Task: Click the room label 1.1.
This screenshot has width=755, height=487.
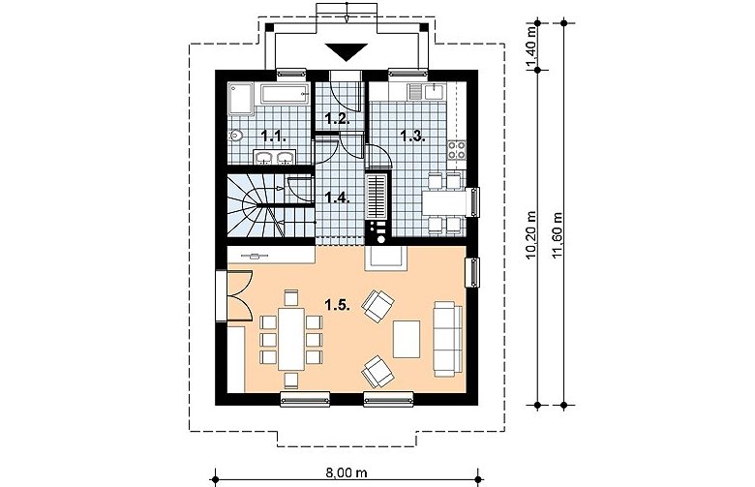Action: [275, 137]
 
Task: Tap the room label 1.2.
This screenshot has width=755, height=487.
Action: [337, 118]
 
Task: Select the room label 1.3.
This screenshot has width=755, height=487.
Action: [413, 136]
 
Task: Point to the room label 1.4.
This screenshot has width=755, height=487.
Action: [337, 197]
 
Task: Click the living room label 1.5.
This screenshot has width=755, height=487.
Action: [337, 304]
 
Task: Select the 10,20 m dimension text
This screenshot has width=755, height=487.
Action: [531, 234]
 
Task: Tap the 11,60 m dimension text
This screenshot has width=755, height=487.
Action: [559, 234]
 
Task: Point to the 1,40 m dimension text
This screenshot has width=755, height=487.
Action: [531, 46]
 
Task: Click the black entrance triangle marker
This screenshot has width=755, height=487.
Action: [347, 51]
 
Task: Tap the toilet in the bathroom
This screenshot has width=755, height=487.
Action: [235, 136]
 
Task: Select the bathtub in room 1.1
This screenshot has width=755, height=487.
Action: [285, 94]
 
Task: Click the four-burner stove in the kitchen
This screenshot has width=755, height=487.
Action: [457, 150]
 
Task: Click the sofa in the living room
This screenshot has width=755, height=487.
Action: [447, 339]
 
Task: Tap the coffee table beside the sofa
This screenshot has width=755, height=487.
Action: [407, 339]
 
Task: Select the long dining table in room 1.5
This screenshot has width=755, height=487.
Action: [291, 339]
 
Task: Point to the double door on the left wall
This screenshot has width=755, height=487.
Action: [234, 295]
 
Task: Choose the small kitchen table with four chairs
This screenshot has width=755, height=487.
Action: [446, 202]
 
